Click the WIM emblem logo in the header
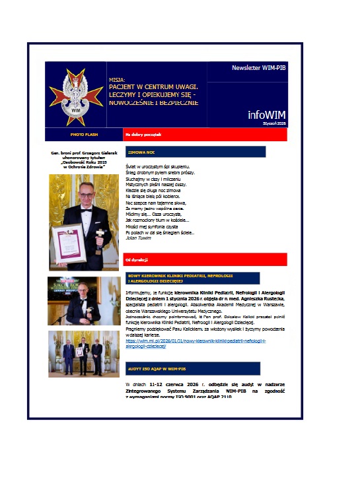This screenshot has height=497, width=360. [75, 94]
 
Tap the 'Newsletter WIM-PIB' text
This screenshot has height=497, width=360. [258, 68]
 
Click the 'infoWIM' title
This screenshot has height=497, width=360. [266, 114]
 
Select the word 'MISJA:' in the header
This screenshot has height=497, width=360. [118, 80]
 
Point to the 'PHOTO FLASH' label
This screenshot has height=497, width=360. [84, 135]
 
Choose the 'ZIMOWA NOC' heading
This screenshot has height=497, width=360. [141, 152]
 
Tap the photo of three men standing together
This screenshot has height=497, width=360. [84, 354]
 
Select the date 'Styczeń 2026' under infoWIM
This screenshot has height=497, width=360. [274, 123]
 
